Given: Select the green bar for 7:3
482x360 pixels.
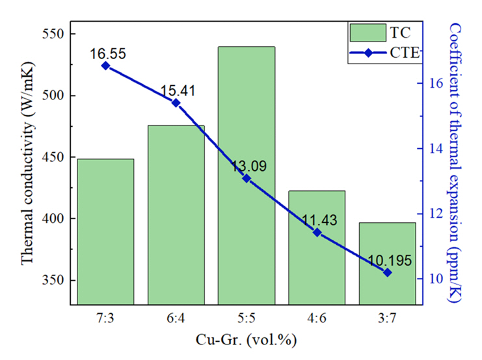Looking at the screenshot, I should coord(105,231).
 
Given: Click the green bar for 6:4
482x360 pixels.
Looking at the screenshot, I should coord(176,214).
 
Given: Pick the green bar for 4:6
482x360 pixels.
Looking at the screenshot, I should coord(317,247).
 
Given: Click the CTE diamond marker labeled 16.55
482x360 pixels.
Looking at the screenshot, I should coord(105,66).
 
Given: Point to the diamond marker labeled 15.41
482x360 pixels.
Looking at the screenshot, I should coord(176,103).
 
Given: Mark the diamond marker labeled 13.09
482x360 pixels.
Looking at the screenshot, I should coord(247,178).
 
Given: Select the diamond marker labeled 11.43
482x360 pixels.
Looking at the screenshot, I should coord(317,232).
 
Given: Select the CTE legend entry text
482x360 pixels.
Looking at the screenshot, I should coord(403,53).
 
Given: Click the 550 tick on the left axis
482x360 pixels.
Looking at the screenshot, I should coord(53,34).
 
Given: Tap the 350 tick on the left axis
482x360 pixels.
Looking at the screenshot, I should coord(53,281).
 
